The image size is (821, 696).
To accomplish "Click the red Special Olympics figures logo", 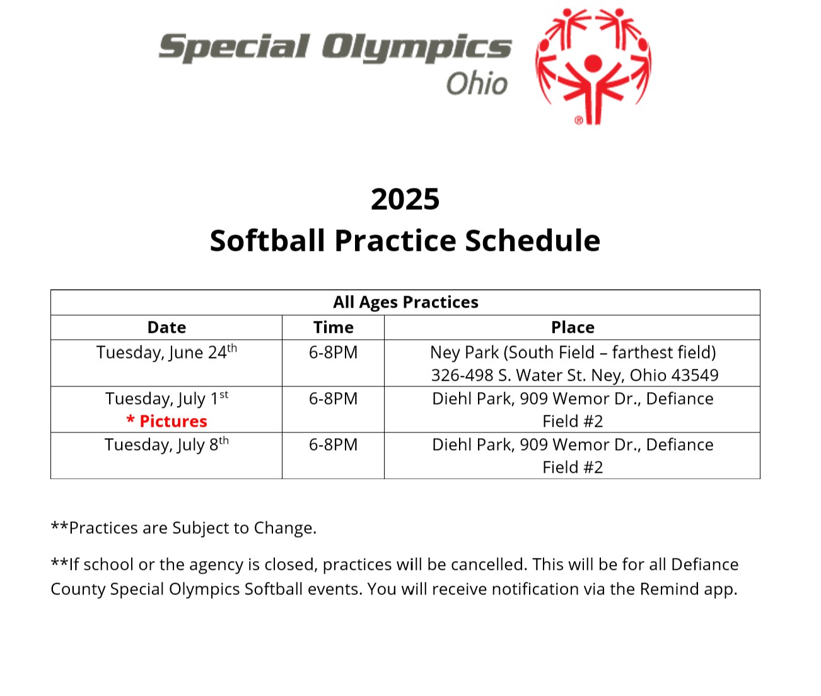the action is (593, 66).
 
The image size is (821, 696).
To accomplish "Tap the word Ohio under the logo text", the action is (477, 83).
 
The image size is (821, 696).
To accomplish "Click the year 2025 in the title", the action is (405, 199).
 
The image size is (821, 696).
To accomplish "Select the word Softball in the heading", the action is (267, 241).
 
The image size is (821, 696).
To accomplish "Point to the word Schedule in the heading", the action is (533, 241).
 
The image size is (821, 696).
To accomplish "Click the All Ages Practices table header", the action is (405, 302).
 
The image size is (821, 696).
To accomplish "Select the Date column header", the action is (166, 328).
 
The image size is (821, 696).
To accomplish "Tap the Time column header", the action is (333, 328).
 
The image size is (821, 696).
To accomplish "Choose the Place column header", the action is (573, 328).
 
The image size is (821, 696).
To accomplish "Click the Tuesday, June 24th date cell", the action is (166, 352).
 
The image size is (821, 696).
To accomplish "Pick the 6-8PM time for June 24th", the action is (333, 352).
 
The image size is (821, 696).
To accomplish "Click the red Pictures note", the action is (167, 421).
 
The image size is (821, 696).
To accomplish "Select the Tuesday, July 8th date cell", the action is (166, 444).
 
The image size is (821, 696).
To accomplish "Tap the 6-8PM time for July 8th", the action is (333, 444).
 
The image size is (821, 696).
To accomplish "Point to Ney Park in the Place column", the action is (464, 352).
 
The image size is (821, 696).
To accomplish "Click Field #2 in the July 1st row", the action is (573, 421).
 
